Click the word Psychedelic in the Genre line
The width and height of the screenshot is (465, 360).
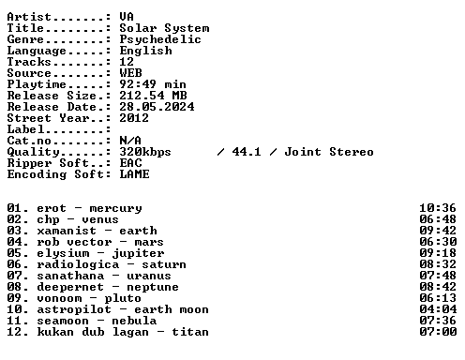pyautogui.click(x=160, y=40)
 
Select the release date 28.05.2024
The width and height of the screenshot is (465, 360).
pyautogui.click(x=157, y=107)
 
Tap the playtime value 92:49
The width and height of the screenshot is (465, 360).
pyautogui.click(x=138, y=84)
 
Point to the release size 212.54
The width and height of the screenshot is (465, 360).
pyautogui.click(x=142, y=96)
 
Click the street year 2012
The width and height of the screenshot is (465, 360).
pyautogui.click(x=134, y=118)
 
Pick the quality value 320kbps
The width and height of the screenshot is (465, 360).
pyautogui.click(x=145, y=153)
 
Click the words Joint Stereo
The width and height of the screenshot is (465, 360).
pyautogui.click(x=329, y=152)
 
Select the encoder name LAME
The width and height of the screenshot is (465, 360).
pyautogui.click(x=134, y=174)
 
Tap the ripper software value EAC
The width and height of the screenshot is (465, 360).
pyautogui.click(x=130, y=163)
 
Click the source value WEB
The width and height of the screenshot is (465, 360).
pyautogui.click(x=130, y=73)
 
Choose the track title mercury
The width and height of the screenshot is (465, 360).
pyautogui.click(x=115, y=209)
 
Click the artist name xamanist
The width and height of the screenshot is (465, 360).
pyautogui.click(x=67, y=231)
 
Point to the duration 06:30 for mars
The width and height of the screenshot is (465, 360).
pyautogui.click(x=438, y=242)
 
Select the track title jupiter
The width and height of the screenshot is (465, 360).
pyautogui.click(x=138, y=254)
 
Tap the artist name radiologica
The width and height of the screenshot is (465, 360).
pyautogui.click(x=78, y=265)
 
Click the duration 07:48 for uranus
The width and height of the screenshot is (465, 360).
pyautogui.click(x=438, y=276)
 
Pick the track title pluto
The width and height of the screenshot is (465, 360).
pyautogui.click(x=123, y=299)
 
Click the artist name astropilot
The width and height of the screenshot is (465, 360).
pyautogui.click(x=74, y=310)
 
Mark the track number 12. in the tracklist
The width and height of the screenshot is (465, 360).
pyautogui.click(x=18, y=332)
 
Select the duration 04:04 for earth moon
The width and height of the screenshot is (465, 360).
pyautogui.click(x=438, y=309)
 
